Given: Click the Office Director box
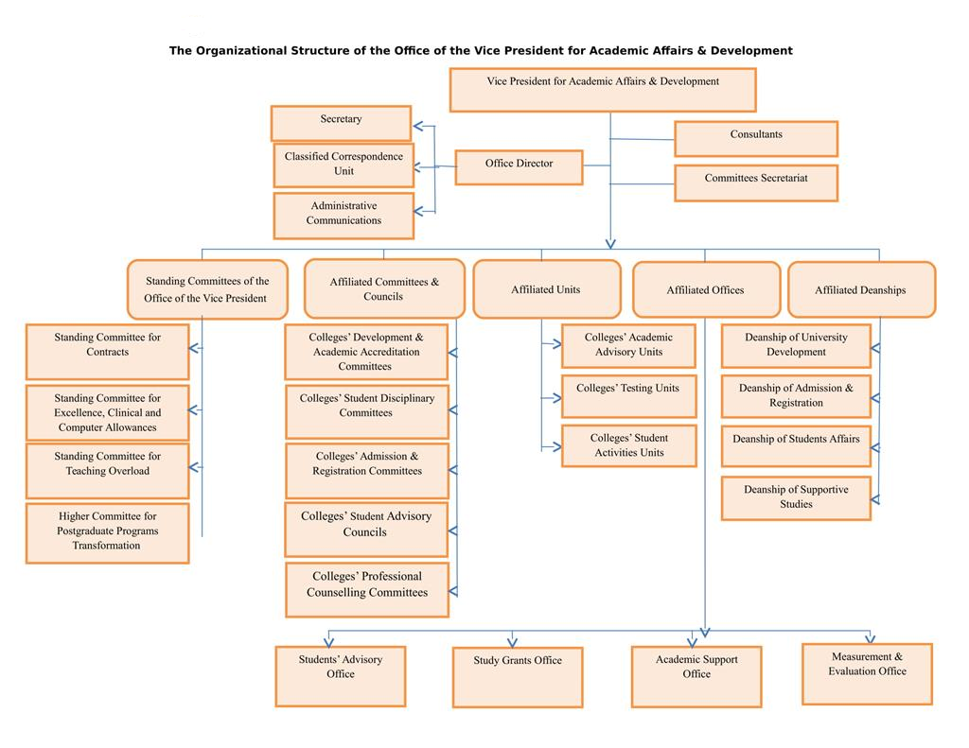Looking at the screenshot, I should click(x=519, y=167).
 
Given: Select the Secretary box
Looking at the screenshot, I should click(x=341, y=123).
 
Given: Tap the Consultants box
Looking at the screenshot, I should click(x=755, y=138).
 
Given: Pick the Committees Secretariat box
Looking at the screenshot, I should click(x=755, y=183).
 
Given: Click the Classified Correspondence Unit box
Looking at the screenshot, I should click(x=344, y=165).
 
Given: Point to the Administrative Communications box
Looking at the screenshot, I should click(x=344, y=216).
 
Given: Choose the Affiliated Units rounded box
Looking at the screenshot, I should click(x=545, y=289).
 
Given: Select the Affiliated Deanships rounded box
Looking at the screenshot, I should click(x=860, y=289).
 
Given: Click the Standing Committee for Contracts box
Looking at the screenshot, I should click(x=107, y=352).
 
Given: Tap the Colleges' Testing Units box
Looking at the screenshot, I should click(x=628, y=396).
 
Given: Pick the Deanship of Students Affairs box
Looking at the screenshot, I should click(x=796, y=446).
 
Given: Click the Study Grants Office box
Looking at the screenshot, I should click(x=518, y=677).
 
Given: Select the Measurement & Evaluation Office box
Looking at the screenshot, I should click(x=867, y=673).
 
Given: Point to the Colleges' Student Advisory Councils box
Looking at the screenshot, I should click(x=366, y=530).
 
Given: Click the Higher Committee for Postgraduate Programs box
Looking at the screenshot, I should click(x=107, y=533).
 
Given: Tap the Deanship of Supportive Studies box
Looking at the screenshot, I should click(x=796, y=498).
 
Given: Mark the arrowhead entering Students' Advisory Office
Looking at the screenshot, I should click(x=328, y=640).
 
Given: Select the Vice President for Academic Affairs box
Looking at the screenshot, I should click(x=603, y=90).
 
